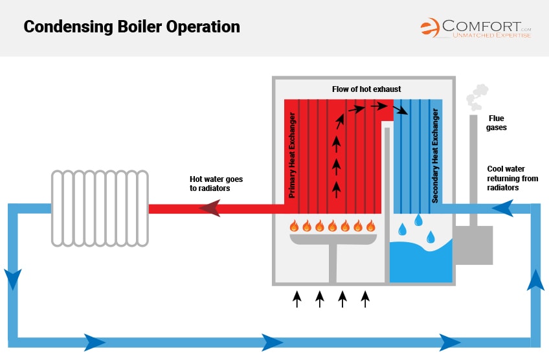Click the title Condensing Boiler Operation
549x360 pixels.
[132, 27]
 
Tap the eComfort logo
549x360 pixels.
[476, 27]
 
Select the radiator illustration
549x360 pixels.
[100, 207]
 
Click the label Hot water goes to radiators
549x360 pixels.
[216, 183]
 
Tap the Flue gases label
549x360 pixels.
[497, 123]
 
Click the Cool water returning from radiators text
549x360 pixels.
[512, 178]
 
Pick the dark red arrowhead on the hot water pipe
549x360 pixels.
[208, 208]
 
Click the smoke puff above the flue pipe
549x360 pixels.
[477, 96]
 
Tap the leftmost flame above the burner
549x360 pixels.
[294, 226]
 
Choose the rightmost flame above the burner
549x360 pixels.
[370, 226]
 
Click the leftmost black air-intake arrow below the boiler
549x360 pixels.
[297, 298]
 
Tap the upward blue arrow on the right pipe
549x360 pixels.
[535, 280]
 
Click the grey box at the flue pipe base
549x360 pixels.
[472, 245]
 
